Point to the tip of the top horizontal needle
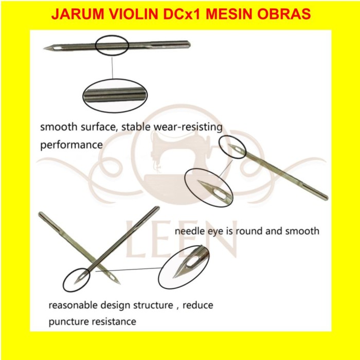pyautogui.click(x=44, y=48)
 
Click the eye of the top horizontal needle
pyautogui.click(x=57, y=48)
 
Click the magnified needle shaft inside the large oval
pyautogui.click(x=115, y=95)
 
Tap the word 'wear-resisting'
pyautogui.click(x=188, y=127)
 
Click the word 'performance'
pyautogui.click(x=71, y=145)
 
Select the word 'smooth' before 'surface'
pyautogui.click(x=59, y=127)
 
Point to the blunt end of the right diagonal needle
pyautogui.click(x=327, y=198)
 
